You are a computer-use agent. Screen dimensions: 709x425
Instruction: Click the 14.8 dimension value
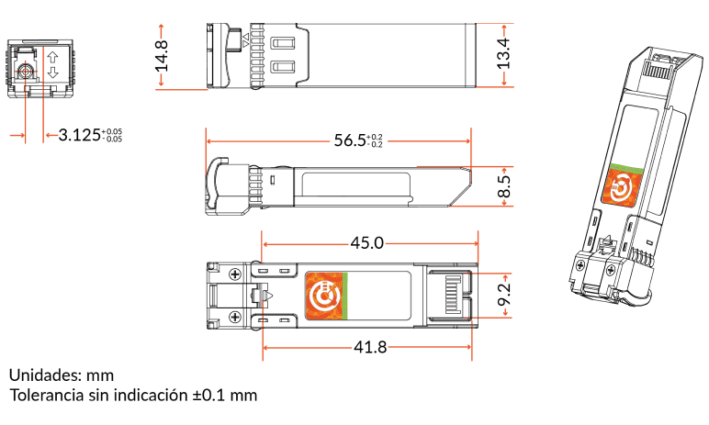point(162,56)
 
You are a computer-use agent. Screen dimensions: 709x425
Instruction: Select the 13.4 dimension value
point(503,54)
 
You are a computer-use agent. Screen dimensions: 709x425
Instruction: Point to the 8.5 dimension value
point(504,186)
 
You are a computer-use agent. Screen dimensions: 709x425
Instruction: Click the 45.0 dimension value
point(366,243)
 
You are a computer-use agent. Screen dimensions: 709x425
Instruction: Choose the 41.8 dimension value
point(370,347)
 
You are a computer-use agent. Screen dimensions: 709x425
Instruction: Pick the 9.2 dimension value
point(504,295)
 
